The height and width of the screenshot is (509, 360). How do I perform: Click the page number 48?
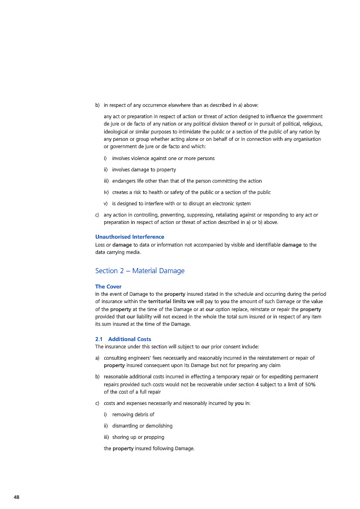point(16,497)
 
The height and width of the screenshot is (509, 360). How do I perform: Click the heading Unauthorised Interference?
point(130,236)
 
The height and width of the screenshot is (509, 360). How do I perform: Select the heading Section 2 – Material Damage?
point(140,271)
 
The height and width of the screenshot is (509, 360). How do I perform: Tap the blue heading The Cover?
point(108,287)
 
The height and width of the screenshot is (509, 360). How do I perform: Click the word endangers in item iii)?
point(125,180)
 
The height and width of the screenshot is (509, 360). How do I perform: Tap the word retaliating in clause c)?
point(234,215)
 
